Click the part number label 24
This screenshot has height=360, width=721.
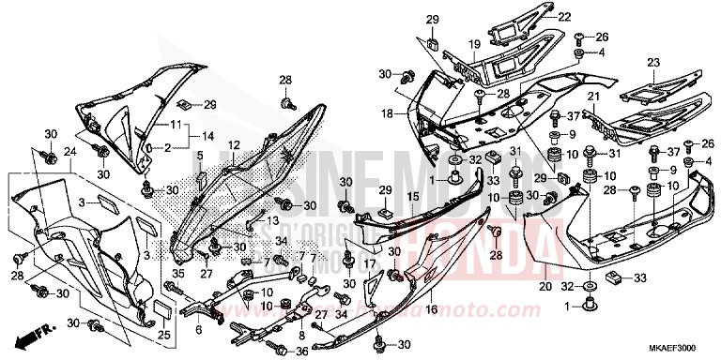[69, 153]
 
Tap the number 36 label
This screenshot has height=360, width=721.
[302, 352]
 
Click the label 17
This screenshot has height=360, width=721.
[370, 265]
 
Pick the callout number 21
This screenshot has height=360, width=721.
[592, 97]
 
